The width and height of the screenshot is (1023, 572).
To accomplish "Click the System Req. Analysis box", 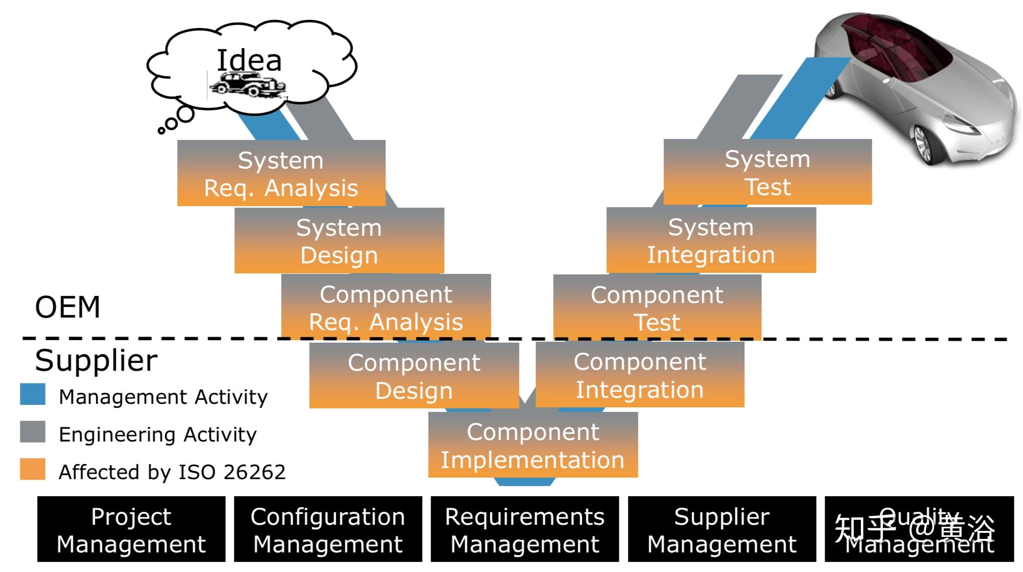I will pos(281,173).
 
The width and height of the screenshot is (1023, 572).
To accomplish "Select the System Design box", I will pos(339,241).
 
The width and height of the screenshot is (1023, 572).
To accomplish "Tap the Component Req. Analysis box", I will pos(386,307).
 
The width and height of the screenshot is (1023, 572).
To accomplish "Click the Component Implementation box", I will pos(533,445).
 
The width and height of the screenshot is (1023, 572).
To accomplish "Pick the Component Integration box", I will pos(640,375).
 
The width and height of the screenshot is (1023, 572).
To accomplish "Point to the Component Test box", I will pos(657,307).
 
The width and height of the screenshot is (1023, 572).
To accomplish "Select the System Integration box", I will pos(711,240).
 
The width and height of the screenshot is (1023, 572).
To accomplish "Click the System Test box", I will pos(767,172).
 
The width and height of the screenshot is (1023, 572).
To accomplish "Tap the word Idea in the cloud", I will pos(249,61).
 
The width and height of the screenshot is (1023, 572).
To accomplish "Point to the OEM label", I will pos(67,307).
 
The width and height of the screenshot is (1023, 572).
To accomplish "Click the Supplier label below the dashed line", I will pos(96,360).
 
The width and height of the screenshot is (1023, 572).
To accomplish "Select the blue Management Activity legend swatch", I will pos(33,394).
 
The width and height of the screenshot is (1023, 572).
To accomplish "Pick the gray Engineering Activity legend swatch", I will pos(33,432).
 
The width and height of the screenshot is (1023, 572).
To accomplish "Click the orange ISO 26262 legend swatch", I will pos(33,470).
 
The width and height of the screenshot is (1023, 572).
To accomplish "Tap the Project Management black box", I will pos(131,529).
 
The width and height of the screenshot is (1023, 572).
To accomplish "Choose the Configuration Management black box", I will pos(328,529).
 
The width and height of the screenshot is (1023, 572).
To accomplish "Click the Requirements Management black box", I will pos(525,529).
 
